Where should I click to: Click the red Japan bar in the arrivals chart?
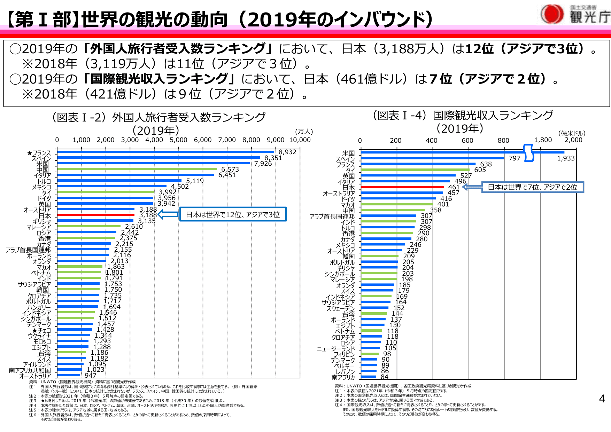[x=96, y=215]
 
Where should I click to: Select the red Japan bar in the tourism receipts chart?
[x=402, y=187]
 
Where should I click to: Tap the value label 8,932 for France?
[x=287, y=152]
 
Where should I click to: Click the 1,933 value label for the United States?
[x=566, y=158]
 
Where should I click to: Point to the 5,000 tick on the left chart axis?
[x=178, y=140]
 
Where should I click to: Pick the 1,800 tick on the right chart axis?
[x=543, y=140]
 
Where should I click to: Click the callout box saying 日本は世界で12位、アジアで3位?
[x=233, y=214]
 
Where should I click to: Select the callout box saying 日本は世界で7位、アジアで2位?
[x=532, y=187]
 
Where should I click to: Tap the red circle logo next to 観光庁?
[x=552, y=14]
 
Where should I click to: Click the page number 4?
[x=602, y=399]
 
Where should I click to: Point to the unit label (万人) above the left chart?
[x=304, y=131]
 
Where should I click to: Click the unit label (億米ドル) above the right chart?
[x=572, y=133]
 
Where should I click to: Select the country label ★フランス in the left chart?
[x=39, y=153]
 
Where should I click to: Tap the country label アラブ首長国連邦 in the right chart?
[x=332, y=217]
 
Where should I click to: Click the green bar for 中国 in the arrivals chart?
[x=137, y=169]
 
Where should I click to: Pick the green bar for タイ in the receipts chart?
[x=415, y=170]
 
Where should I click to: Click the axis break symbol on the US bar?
[x=528, y=153]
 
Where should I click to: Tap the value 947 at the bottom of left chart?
[x=90, y=375]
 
